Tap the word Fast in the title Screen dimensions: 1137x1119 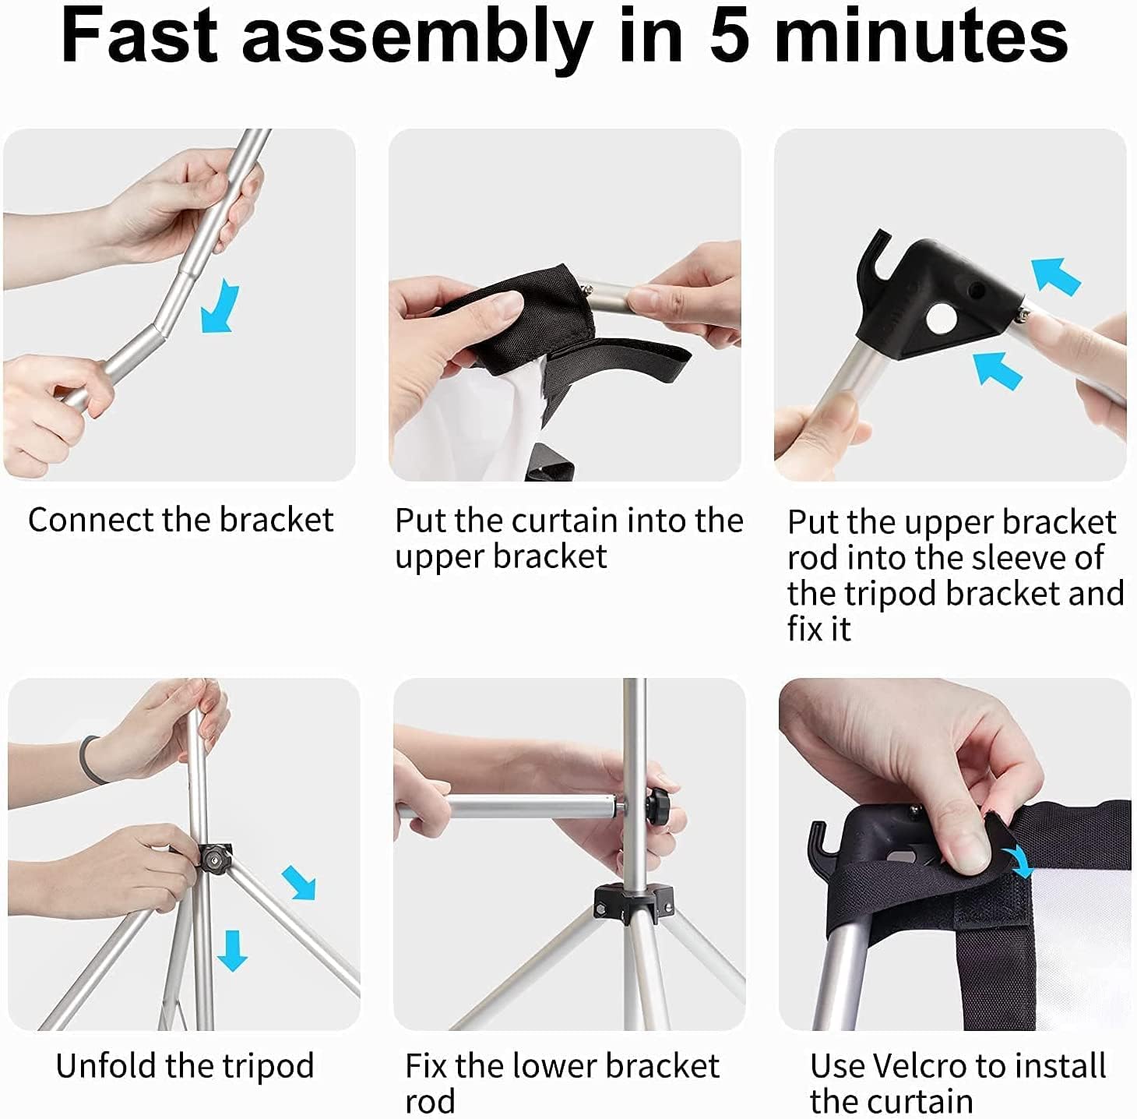pos(139,36)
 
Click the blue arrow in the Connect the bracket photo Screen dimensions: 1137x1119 pos(220,306)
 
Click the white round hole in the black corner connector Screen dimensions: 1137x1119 pos(941,319)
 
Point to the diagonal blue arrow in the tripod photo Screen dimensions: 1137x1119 pos(300,883)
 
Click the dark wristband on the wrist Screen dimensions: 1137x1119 pos(90,760)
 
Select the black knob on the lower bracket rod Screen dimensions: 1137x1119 pos(660,803)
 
